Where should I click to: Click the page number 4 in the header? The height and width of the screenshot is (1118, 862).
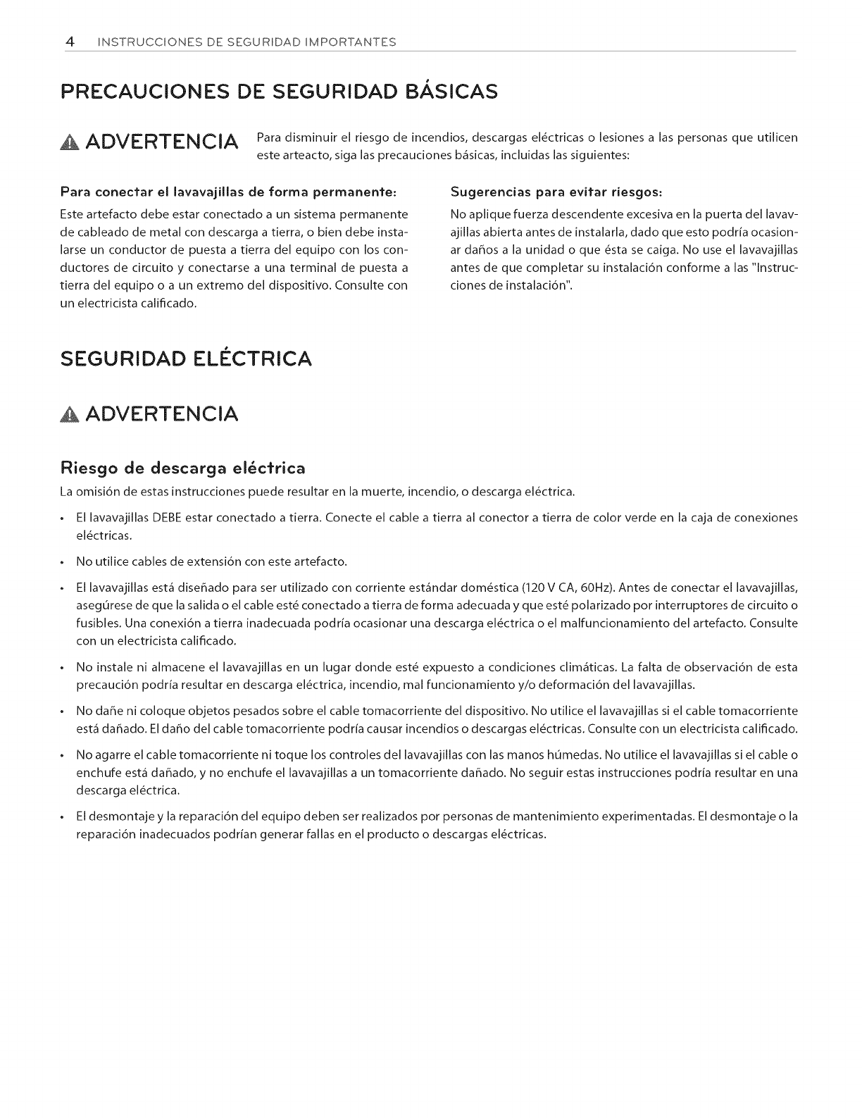click(70, 42)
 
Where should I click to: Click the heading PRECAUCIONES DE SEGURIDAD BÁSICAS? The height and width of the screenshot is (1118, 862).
click(280, 92)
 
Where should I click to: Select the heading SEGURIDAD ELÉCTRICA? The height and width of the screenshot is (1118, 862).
click(186, 359)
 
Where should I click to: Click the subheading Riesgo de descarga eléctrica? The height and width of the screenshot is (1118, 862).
click(183, 468)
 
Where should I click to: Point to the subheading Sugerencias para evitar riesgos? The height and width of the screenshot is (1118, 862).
click(558, 192)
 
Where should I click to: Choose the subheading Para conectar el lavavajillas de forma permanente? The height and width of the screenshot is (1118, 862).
click(229, 192)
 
